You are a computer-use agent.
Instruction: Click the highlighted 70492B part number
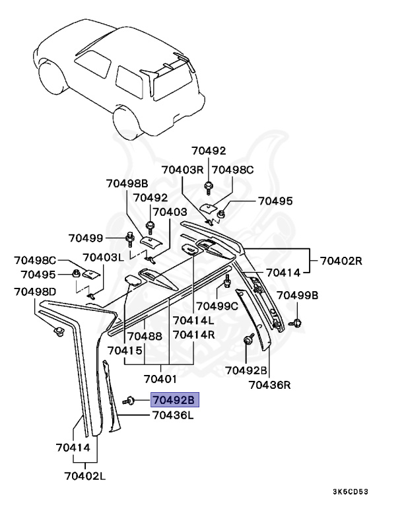(174, 400)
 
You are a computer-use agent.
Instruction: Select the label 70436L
(172, 415)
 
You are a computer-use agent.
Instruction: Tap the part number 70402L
(86, 475)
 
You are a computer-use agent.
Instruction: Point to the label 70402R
(342, 260)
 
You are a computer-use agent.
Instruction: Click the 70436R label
(271, 384)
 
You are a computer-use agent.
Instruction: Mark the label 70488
(145, 336)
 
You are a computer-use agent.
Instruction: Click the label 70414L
(193, 321)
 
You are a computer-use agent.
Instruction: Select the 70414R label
(193, 335)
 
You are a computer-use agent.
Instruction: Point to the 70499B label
(297, 294)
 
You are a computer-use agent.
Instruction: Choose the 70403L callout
(103, 257)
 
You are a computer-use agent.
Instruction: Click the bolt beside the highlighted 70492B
(129, 400)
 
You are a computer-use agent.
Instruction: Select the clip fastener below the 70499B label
(296, 323)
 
